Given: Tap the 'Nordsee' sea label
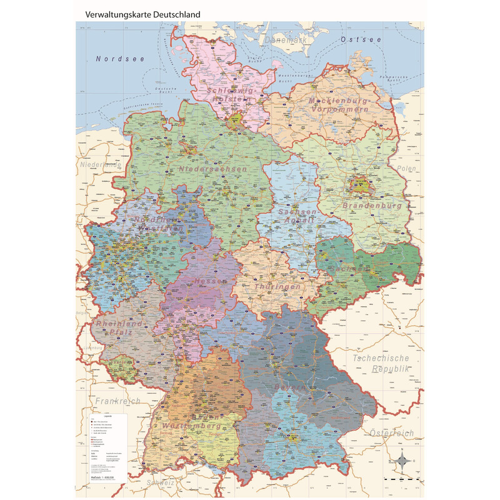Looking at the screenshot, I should pos(120,59).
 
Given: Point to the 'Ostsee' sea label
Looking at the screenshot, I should pos(361,39).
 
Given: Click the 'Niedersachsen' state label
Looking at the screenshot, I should pos(212,169).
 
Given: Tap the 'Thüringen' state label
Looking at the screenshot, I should pos(277,286).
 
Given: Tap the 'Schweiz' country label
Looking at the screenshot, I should pos(162,482).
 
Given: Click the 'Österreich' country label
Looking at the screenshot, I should pos(391,432).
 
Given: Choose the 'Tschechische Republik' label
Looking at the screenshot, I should pos(381,364).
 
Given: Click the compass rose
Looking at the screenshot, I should pos(403,461).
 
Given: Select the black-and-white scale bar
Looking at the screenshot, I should pos(401,478).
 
